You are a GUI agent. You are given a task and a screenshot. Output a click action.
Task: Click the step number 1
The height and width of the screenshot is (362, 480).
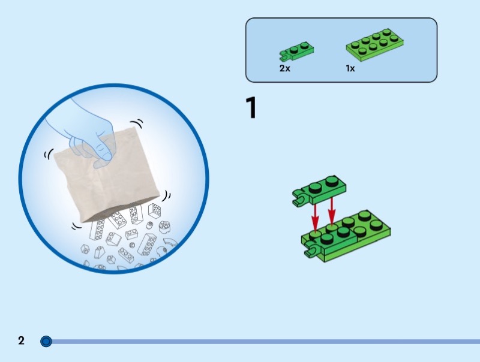[x=251, y=108]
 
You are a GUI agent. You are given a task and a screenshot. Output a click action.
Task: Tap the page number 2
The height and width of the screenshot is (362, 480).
[x=22, y=341]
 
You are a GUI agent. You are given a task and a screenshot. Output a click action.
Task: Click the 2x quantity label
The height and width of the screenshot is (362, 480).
[x=284, y=68]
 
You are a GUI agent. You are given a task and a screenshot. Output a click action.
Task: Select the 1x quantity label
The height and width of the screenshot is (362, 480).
[x=350, y=68]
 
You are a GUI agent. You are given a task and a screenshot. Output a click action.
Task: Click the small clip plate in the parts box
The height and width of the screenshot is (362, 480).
[x=297, y=51]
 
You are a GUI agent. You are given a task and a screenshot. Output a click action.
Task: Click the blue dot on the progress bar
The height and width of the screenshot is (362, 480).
[x=46, y=342]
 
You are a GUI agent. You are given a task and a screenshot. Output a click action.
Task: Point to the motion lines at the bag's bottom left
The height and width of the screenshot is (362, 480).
[x=76, y=227]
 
